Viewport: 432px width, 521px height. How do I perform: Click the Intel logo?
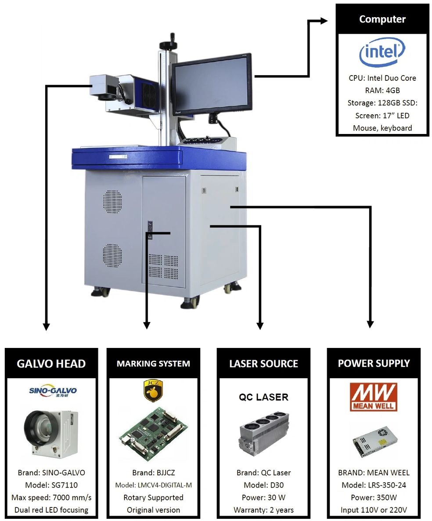point(382,53)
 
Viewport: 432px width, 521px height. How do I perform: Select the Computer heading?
point(382,19)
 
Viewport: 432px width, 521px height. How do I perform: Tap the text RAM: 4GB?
point(382,90)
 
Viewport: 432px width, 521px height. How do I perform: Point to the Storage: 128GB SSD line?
point(382,103)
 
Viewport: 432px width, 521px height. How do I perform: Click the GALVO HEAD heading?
point(51,364)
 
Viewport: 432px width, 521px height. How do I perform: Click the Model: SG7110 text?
point(51,485)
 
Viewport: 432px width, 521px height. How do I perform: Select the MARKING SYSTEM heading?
point(153,364)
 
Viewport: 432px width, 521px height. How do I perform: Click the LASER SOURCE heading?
point(263,364)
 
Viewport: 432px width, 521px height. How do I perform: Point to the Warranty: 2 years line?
point(263,510)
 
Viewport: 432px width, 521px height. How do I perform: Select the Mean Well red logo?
point(374,397)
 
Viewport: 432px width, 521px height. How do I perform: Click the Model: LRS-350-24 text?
point(374,485)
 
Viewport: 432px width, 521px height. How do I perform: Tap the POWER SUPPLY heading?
point(374,364)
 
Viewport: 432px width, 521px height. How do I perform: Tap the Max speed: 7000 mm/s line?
point(51,498)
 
